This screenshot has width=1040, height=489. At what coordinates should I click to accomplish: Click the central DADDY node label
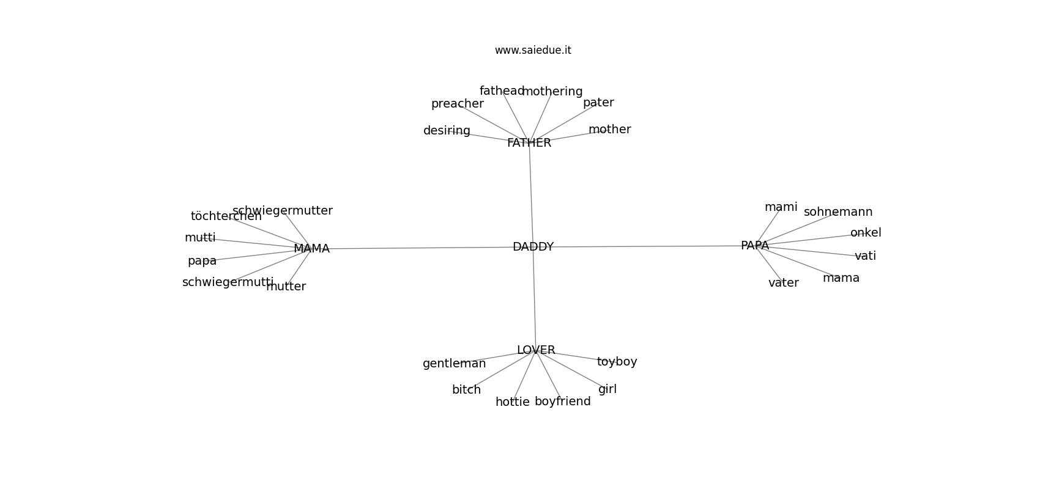(x=533, y=247)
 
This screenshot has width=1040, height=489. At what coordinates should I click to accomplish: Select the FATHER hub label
(x=529, y=143)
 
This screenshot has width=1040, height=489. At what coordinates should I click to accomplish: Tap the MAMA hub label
(x=311, y=249)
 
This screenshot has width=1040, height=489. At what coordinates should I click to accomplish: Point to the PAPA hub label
(x=755, y=246)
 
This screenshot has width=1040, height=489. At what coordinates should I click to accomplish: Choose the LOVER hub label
(x=536, y=350)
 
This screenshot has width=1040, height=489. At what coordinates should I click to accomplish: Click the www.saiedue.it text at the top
(x=533, y=50)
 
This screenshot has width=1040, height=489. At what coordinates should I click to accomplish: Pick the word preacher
(x=457, y=104)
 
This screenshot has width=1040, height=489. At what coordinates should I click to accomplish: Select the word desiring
(x=447, y=131)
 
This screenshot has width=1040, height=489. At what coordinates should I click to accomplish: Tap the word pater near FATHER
(x=598, y=103)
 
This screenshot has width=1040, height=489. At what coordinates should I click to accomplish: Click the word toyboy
(x=617, y=362)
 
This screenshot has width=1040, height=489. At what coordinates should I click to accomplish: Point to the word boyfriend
(x=562, y=402)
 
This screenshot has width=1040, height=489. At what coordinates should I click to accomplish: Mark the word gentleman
(x=454, y=364)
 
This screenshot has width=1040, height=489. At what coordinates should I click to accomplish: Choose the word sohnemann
(x=838, y=212)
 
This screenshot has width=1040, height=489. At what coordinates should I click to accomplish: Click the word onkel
(x=866, y=233)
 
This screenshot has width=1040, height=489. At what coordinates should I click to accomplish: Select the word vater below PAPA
(x=783, y=283)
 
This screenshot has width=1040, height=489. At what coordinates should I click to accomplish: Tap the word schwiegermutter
(x=283, y=211)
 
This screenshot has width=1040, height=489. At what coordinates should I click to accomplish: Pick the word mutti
(x=200, y=238)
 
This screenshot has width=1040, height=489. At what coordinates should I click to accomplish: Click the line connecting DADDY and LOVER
(x=534, y=300)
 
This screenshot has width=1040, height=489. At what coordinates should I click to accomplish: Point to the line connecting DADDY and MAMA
(x=422, y=248)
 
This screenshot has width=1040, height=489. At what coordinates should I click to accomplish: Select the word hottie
(x=512, y=402)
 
